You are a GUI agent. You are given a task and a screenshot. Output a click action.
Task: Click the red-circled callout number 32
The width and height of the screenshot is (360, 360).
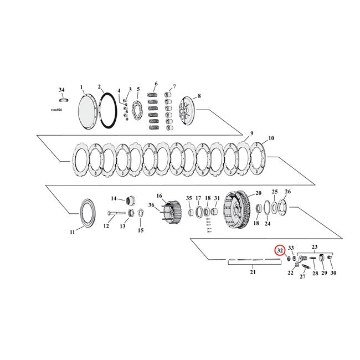280,250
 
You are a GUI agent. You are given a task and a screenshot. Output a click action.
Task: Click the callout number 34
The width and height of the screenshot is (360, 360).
61,90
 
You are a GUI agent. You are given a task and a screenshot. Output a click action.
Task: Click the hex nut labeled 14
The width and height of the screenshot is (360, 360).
132,200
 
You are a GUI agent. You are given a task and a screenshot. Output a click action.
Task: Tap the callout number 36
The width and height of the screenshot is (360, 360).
151,205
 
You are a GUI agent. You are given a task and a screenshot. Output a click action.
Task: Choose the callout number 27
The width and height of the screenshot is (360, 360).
303,277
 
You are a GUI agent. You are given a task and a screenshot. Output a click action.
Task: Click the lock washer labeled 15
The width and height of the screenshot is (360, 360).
140,213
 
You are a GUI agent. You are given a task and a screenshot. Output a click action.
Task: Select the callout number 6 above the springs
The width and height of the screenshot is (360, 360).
156,84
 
